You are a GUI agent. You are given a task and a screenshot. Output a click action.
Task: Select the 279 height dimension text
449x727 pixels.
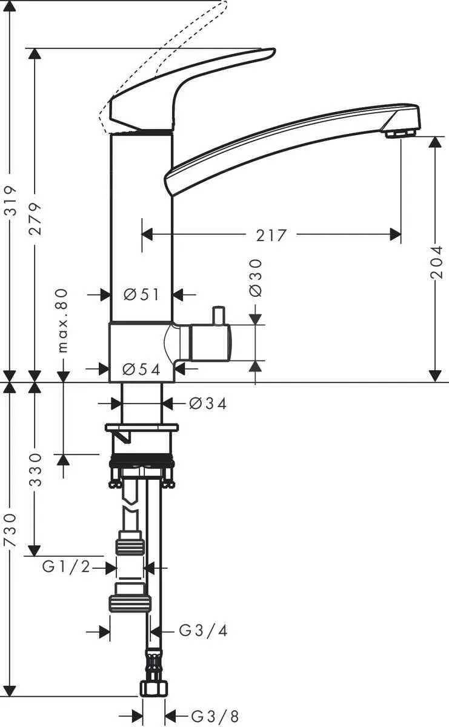(36, 218)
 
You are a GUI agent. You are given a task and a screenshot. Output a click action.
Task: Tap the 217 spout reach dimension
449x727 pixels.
(271, 235)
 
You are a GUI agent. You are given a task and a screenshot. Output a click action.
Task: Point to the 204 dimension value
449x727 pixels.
(437, 261)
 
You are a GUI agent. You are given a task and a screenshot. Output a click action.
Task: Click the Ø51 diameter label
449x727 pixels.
(141, 294)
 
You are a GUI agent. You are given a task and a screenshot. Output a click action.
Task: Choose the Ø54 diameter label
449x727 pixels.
(141, 369)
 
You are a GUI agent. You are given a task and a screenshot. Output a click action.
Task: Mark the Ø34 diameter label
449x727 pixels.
(208, 403)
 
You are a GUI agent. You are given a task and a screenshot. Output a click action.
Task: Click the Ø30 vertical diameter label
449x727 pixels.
(255, 277)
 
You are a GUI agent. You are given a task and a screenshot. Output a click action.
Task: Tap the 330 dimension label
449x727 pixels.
(36, 469)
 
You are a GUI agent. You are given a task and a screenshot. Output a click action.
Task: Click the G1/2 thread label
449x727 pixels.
(66, 567)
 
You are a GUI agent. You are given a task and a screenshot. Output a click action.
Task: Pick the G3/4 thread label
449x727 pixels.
(204, 631)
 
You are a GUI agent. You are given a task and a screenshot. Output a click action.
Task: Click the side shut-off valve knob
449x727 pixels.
(210, 343)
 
